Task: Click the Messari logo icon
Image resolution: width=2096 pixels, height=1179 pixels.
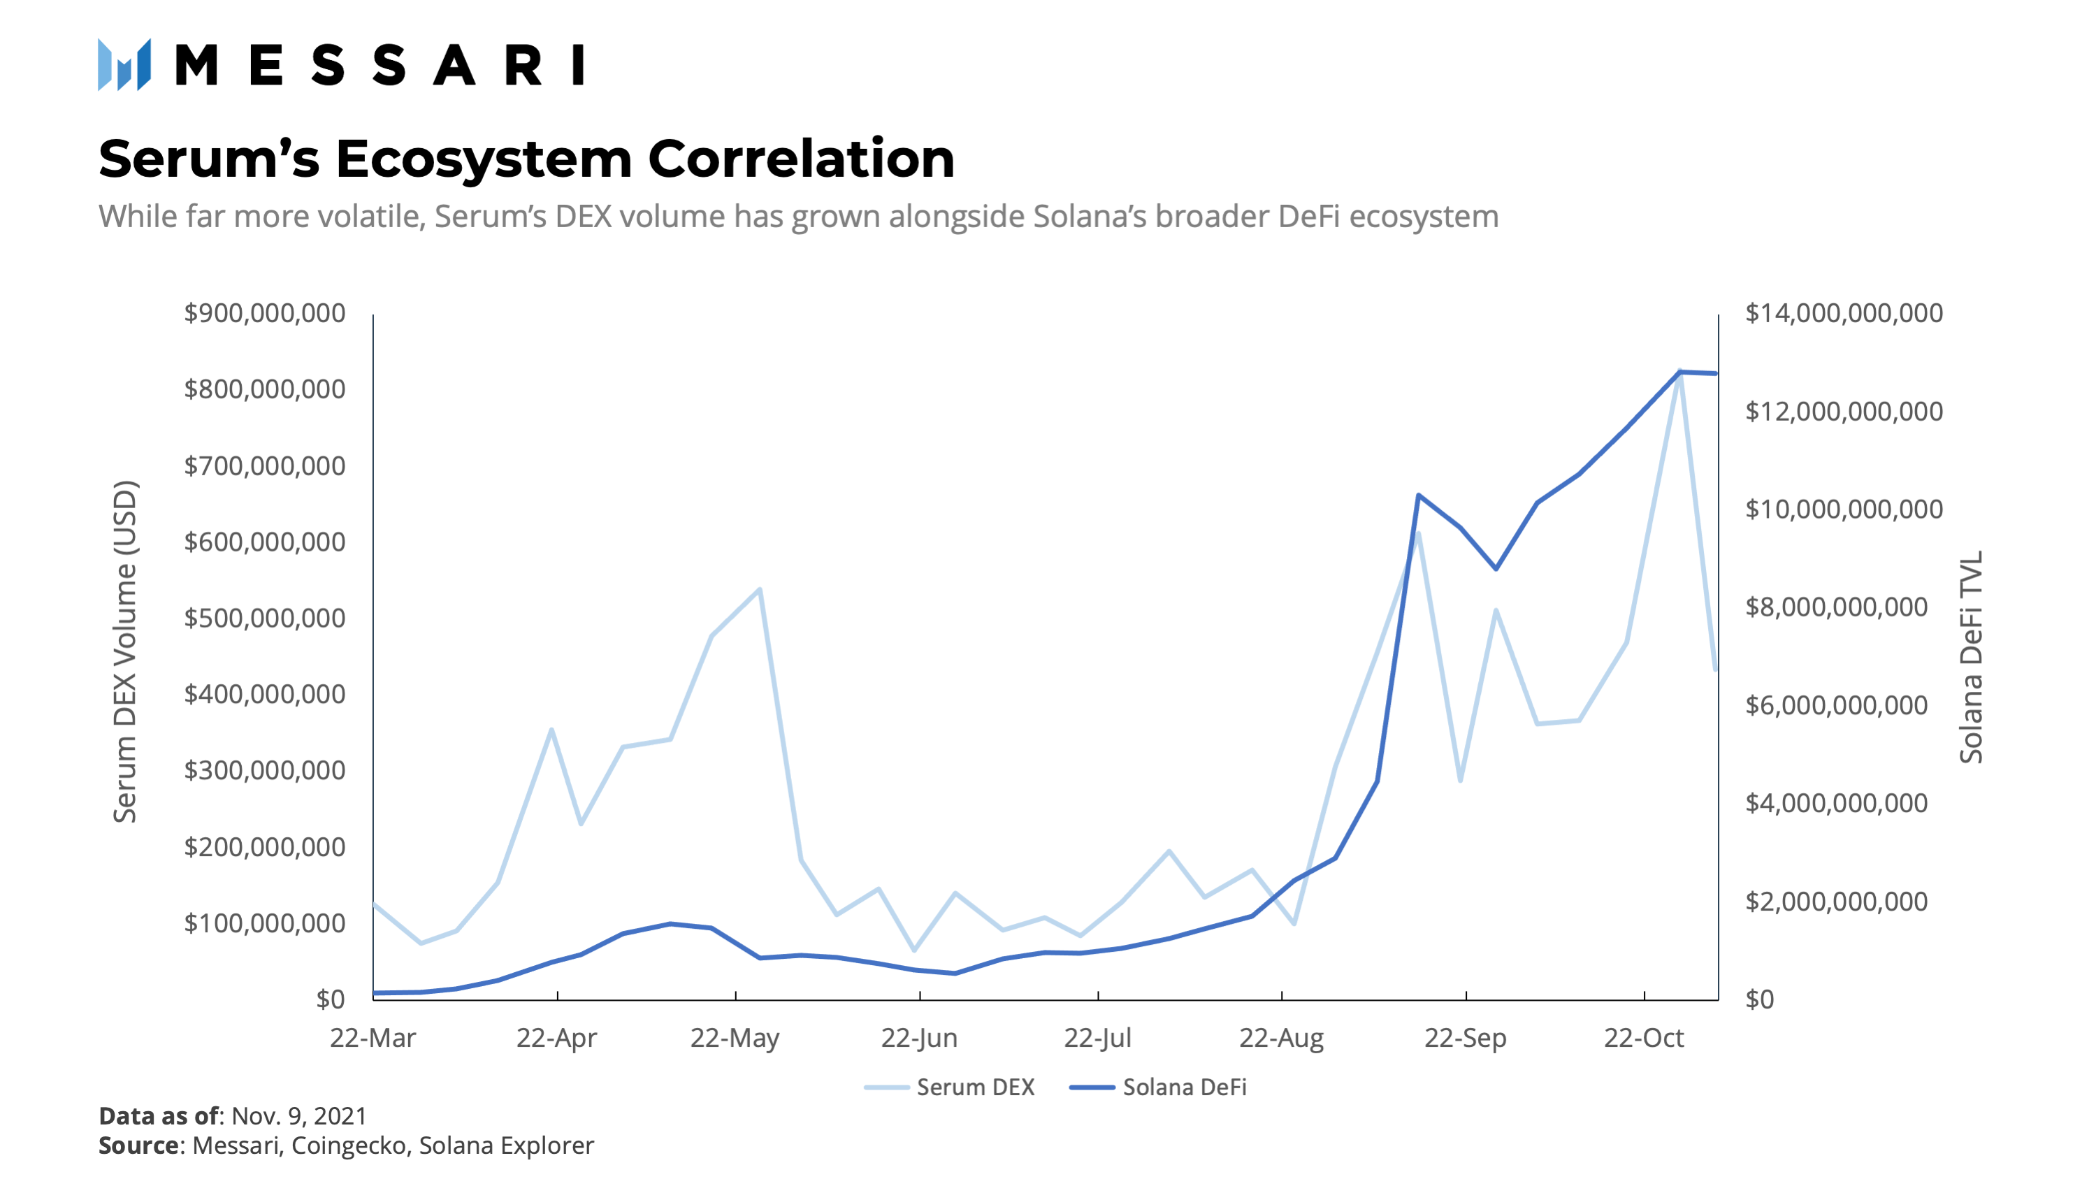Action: (x=124, y=64)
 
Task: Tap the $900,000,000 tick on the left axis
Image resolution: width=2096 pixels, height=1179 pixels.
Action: (x=264, y=313)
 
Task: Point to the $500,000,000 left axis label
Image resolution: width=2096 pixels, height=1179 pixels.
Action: (x=264, y=619)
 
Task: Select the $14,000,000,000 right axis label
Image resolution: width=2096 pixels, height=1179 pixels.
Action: (x=1844, y=313)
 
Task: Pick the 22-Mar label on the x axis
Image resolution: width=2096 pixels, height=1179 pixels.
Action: (x=373, y=1039)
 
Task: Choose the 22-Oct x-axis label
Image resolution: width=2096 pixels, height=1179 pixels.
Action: (x=1643, y=1039)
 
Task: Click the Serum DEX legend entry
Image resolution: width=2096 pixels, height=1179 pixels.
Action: (x=950, y=1087)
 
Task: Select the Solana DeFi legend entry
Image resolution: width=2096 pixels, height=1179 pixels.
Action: (x=1158, y=1087)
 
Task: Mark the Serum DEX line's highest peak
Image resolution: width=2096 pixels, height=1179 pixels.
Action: (x=1679, y=372)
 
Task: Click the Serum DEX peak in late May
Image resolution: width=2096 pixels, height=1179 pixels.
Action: (x=759, y=589)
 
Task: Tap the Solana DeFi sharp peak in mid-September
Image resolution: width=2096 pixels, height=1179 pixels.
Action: (x=1418, y=495)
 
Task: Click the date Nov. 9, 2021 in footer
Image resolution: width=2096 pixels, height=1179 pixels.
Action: (x=298, y=1115)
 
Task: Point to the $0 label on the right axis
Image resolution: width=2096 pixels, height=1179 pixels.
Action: (x=1758, y=999)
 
